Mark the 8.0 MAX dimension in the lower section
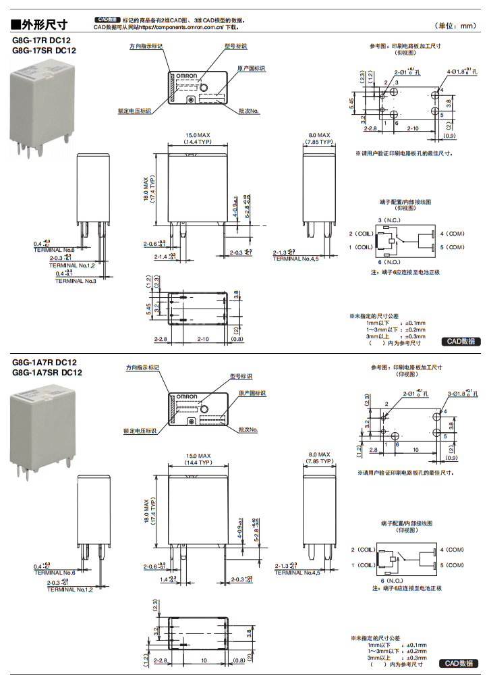coord(320,455)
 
